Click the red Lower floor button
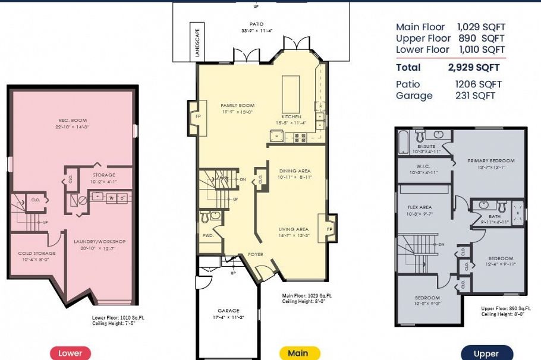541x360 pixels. tap(70, 353)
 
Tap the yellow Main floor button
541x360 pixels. tap(298, 353)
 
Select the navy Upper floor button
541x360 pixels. tap(486, 353)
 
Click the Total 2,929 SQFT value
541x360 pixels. tap(473, 67)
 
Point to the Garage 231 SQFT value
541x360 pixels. tap(475, 96)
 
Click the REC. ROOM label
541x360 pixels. tap(73, 121)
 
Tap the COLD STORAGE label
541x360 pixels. tap(37, 253)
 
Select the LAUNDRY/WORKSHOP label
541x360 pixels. tap(100, 241)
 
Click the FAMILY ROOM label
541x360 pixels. tap(237, 105)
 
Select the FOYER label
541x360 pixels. tap(256, 254)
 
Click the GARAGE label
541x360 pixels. tap(228, 311)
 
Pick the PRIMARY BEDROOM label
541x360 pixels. tap(491, 160)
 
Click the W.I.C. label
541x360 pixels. tap(423, 166)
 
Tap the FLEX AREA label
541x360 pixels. tap(420, 207)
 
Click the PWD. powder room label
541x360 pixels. tap(207, 235)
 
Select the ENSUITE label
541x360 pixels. tap(426, 146)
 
